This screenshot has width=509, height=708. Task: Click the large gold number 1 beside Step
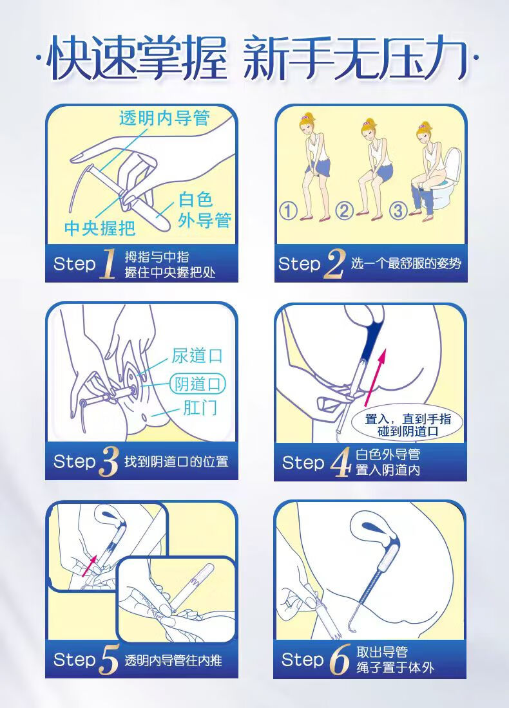pos(107,263)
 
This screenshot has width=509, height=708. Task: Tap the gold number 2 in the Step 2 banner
pos(334,264)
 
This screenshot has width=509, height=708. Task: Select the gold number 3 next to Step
pos(108,461)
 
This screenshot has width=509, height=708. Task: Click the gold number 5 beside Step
pos(108,660)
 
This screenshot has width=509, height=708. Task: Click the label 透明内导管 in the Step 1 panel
pos(164,118)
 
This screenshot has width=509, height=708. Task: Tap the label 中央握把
pos(100,228)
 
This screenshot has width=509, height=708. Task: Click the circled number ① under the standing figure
pos(288,211)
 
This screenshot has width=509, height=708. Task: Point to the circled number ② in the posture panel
pos(344,211)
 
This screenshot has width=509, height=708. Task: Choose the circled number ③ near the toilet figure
pos(398,211)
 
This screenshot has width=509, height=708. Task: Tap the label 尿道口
pos(197,356)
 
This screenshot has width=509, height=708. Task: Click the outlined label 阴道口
pos(198,384)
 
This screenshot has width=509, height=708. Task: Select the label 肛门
pos(200,407)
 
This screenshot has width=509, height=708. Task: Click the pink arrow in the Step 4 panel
pos(375,375)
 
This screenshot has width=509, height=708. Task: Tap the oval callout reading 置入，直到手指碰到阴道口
pos(407,425)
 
